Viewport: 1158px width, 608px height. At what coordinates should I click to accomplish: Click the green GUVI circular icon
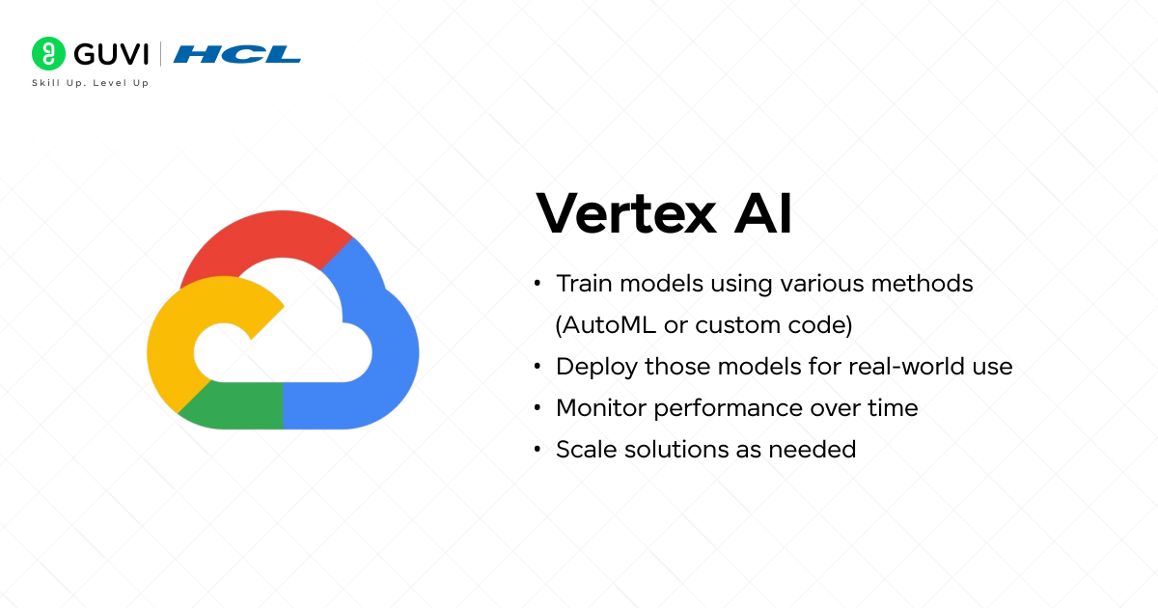point(47,53)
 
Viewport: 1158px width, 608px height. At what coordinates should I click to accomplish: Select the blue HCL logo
point(236,53)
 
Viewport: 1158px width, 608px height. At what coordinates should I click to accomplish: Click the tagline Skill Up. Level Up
point(90,84)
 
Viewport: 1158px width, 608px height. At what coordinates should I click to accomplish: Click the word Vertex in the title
point(622,214)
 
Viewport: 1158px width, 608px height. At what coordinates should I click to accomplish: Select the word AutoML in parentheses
point(608,325)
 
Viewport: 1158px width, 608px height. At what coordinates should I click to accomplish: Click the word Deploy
point(595,367)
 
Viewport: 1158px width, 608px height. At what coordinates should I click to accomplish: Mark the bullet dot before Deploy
point(537,368)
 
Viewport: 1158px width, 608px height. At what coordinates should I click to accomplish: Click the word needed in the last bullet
point(819,449)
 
